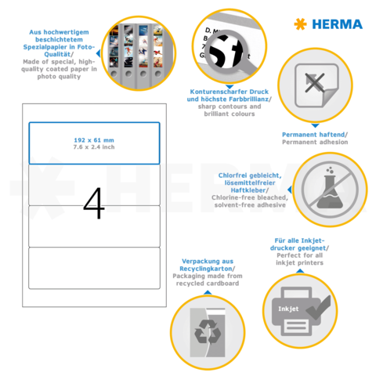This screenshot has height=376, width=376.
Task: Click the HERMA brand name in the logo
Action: pos(334,24)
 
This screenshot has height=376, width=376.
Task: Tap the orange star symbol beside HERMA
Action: pos(299,24)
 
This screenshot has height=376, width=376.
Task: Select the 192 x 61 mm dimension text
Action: pos(94,139)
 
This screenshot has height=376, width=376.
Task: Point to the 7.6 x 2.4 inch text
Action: pos(94,146)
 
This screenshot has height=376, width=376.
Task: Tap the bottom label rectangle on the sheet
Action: pos(94,267)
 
